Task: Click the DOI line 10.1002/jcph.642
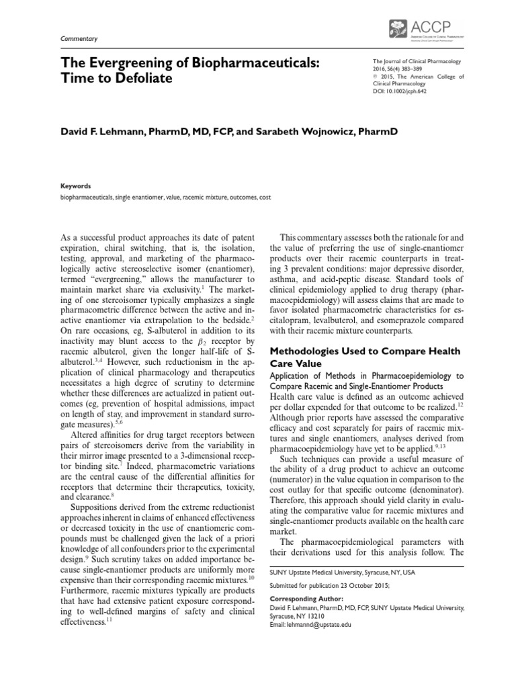click(x=400, y=90)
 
